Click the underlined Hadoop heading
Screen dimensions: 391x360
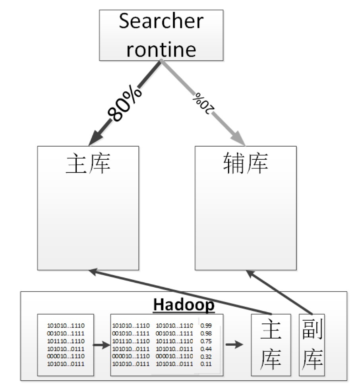point(184,305)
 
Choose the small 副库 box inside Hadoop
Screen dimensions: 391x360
point(312,345)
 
